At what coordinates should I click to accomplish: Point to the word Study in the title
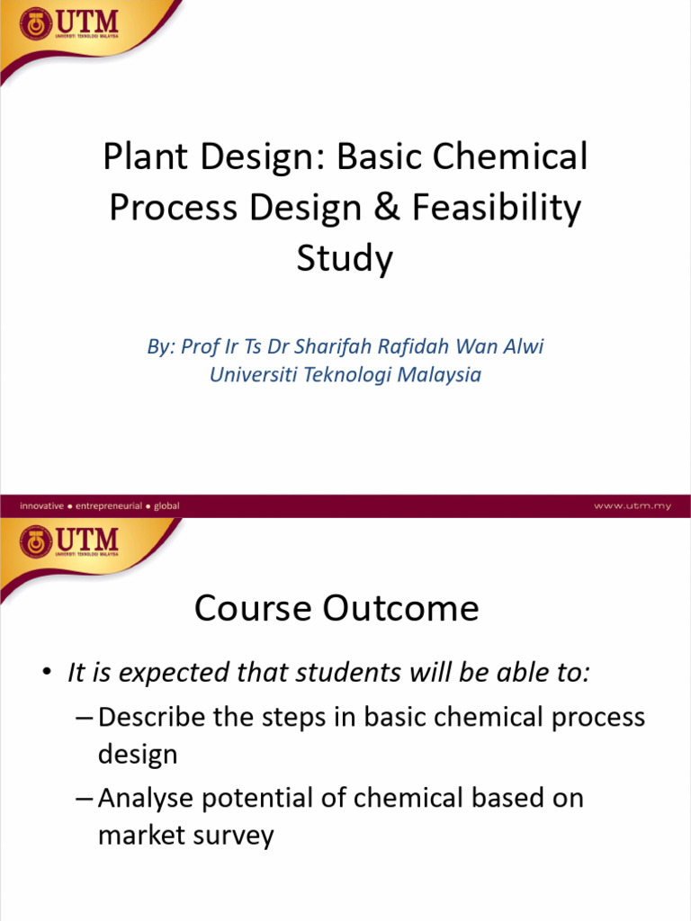(x=345, y=260)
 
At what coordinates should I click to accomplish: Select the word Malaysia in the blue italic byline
(x=441, y=375)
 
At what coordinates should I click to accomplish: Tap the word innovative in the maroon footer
(x=41, y=505)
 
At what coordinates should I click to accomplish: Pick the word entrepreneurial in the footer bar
(x=109, y=505)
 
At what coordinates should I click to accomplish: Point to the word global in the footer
(x=166, y=505)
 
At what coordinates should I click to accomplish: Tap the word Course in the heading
(x=247, y=609)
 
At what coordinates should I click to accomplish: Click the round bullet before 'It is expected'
(x=46, y=673)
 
